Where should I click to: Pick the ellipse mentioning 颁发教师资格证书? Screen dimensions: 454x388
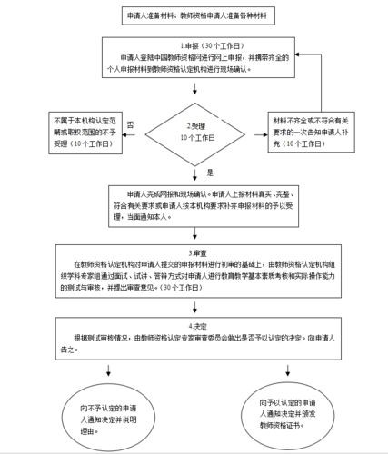288,407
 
